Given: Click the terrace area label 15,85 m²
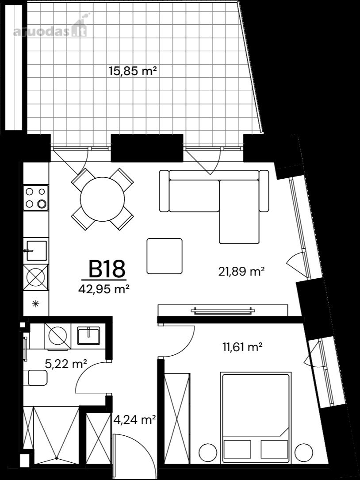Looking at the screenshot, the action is coord(133,71).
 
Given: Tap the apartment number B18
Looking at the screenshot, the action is coord(107,269).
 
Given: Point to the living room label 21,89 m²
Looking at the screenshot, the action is coord(241,271).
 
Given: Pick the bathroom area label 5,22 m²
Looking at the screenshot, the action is coord(66,364).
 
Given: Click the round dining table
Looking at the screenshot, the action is coord(102,199).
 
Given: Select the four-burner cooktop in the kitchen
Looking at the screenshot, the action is coord(36,198).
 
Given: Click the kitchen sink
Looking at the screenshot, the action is coord(36,251).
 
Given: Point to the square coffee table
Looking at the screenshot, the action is coord(165,256).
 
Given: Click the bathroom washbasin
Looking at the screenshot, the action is coord(88,336).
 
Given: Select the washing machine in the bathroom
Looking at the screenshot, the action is coord(57,336).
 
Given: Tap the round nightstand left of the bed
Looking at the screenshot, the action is coord(208,452).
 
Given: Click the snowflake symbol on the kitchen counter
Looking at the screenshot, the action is coord(36,303).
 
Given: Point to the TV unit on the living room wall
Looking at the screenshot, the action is coord(223,311).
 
